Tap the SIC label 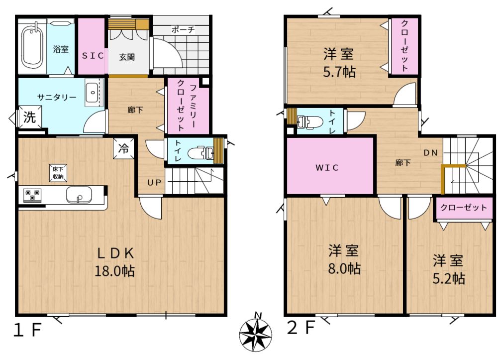(x=93, y=56)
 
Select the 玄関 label (x=127, y=57)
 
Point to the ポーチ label (x=183, y=30)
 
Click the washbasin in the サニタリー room (x=93, y=93)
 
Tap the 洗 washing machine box (x=29, y=117)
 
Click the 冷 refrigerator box (x=123, y=148)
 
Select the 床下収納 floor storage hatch (x=58, y=173)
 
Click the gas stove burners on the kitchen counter (x=33, y=195)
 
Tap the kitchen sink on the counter (x=79, y=194)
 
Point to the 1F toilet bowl (x=201, y=152)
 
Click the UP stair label (x=154, y=183)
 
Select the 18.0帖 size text (x=114, y=271)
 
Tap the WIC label (x=327, y=167)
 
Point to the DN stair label (x=431, y=153)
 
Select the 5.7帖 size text (x=339, y=72)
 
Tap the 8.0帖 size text (x=344, y=268)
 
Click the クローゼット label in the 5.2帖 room (x=464, y=208)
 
